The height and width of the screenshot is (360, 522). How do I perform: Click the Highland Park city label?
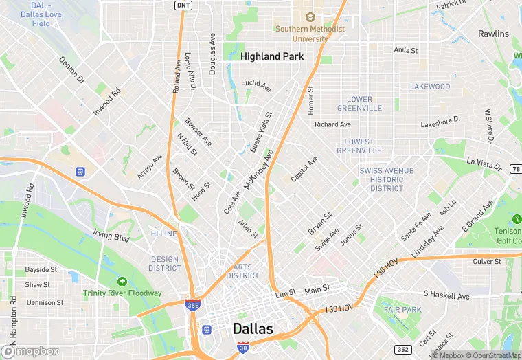coord(272,57)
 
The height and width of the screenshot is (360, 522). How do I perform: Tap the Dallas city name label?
coord(253,328)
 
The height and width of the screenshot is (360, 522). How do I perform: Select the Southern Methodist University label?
coord(310,34)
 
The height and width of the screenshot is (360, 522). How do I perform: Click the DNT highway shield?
coord(183,5)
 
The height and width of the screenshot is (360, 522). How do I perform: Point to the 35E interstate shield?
coord(193,304)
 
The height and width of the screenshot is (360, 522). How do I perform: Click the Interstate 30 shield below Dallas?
coord(242,348)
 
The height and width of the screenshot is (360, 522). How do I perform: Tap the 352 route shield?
coord(402,349)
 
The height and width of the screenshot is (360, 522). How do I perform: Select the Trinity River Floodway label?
coord(122,293)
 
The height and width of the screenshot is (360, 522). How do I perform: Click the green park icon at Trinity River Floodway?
coord(122,282)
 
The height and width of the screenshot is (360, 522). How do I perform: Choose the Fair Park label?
coord(402,310)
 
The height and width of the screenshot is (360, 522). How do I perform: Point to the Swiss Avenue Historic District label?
coord(387,179)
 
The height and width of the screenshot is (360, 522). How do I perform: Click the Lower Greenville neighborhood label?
coord(359,104)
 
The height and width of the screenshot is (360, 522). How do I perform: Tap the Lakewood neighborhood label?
coord(430,87)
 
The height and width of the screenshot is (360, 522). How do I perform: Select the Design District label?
coord(165,264)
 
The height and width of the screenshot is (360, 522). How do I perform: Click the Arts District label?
coord(242,271)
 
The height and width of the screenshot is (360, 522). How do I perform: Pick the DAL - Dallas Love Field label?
coord(36,14)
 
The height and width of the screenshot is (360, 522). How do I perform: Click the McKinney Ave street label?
coord(258,170)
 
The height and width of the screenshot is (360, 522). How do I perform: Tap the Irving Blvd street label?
coord(111,236)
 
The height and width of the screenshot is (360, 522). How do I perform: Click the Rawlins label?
coord(493,34)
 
